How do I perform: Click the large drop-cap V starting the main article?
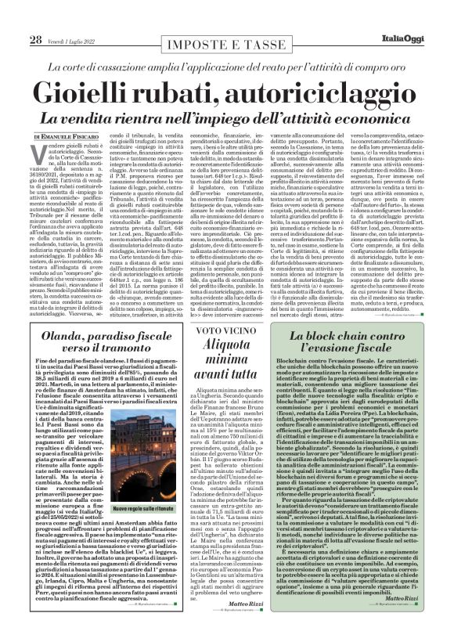click(36, 152)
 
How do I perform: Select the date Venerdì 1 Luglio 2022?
click(77, 40)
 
